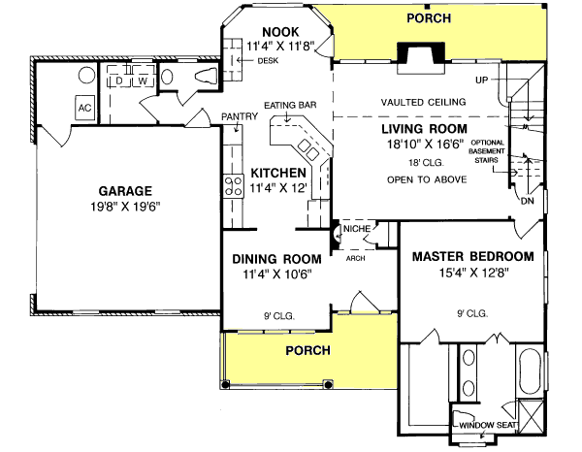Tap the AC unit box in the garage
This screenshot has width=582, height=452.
85,107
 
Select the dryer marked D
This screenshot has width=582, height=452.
120,81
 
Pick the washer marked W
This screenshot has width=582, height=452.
142,81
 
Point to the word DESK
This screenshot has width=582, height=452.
267,62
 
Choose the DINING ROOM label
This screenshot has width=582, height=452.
276,259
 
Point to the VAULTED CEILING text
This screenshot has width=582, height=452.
423,101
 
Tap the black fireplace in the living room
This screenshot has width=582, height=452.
423,53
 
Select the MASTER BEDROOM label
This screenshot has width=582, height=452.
472,256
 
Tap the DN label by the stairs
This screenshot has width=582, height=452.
527,201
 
